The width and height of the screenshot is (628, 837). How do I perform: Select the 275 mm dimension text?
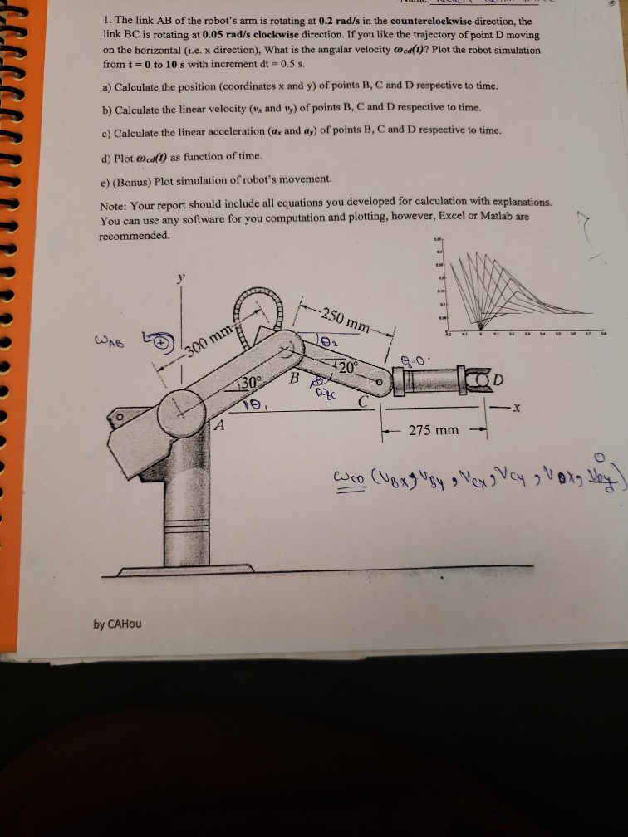(434, 430)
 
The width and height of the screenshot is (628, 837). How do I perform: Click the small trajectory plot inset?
(519, 286)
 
